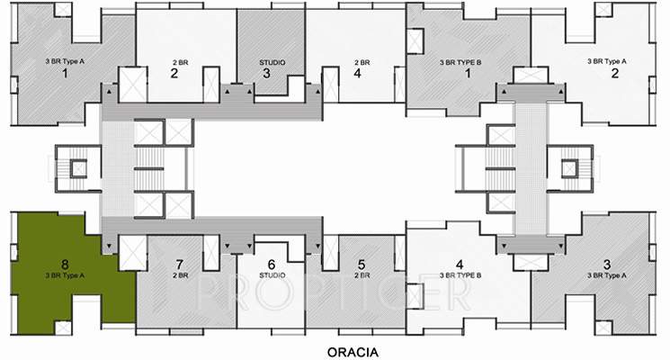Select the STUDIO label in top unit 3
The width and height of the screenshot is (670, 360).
272,61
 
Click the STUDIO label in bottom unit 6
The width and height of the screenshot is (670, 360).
272,274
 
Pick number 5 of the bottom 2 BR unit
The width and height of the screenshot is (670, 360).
361,265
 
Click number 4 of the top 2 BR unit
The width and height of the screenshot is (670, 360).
357,74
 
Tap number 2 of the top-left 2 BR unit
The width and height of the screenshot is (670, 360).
174,74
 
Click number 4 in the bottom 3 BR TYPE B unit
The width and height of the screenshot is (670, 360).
460,265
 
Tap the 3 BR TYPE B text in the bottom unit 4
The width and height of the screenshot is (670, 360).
460,274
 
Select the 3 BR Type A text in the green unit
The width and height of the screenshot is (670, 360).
65,274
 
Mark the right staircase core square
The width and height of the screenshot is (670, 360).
569,167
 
